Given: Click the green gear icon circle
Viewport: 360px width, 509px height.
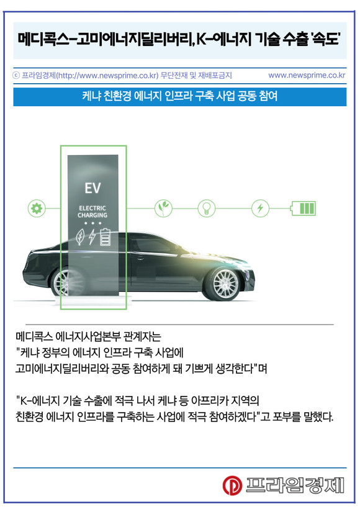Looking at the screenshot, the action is pos(37,208).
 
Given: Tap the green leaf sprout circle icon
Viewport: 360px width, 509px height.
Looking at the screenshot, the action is pos(163,208).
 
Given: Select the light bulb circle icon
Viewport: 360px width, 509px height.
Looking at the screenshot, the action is pos(207,208).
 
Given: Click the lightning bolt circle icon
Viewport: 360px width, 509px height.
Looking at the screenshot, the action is pos(260,208).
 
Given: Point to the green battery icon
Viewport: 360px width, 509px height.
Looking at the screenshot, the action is pos(303,208).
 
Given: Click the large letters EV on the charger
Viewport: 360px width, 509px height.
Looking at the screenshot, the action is pos(93,188).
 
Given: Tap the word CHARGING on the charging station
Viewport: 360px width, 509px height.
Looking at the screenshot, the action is pos(92,215).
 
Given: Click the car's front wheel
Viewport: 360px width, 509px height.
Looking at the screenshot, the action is pos(225,284).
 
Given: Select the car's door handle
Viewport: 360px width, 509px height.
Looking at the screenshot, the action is pos(140,258).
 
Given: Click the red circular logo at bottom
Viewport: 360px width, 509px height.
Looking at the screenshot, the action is pos(232,485).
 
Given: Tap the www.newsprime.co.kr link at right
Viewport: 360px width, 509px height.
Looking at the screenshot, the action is pos(307,75).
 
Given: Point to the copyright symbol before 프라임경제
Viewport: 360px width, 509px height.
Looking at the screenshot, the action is pos(16,75).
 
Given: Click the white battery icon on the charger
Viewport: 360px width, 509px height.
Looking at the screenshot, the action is pos(105,237).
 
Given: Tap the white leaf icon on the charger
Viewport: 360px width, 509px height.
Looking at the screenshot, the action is pos(80,237).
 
